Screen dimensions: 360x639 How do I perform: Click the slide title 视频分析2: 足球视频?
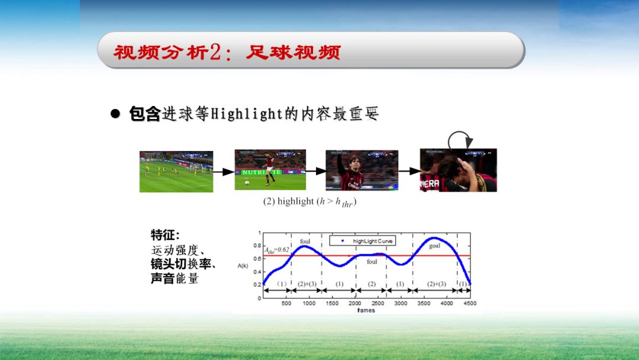coord(227,52)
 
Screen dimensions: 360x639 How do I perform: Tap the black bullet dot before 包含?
coord(116,114)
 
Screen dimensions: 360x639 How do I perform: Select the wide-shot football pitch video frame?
coord(176,172)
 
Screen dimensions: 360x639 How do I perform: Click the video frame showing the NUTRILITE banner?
coord(270,170)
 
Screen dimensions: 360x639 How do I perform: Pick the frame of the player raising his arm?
coord(362,170)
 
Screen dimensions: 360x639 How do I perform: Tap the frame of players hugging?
coord(458,170)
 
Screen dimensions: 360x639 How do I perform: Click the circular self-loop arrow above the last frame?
coord(460,142)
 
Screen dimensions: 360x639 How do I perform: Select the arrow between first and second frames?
coord(223,172)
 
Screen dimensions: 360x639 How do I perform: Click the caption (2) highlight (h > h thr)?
coord(309,202)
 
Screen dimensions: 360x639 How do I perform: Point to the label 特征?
coord(165,235)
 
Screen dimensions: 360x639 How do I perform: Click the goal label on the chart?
coord(434,245)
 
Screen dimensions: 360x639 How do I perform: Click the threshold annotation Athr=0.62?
coord(277,250)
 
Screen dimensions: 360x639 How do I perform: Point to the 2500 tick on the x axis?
coord(378,303)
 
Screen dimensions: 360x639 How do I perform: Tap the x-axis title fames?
coord(366,310)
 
